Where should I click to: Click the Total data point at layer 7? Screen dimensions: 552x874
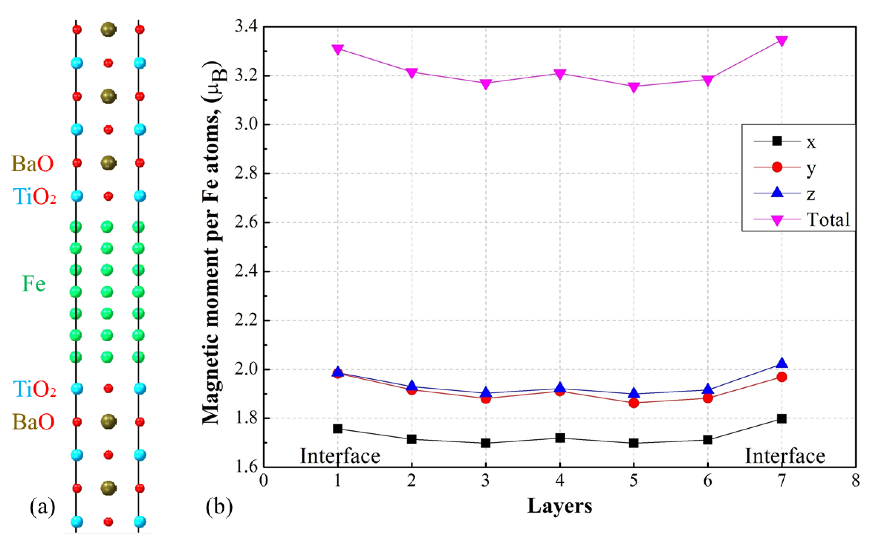click(x=782, y=41)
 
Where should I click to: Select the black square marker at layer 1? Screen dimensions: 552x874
click(x=338, y=429)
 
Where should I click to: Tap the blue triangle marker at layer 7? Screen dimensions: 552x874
click(x=782, y=363)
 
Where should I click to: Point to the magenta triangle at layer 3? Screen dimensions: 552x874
click(x=486, y=84)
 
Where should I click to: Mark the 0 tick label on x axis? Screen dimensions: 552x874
click(x=263, y=481)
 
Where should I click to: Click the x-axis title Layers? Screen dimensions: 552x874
click(x=559, y=506)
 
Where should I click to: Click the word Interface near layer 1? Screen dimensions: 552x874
click(x=340, y=456)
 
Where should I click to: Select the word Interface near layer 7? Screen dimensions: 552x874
click(x=785, y=456)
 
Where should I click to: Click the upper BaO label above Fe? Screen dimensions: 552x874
click(x=33, y=164)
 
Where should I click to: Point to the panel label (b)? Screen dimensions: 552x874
click(x=219, y=507)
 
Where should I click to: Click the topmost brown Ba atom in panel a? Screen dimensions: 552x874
click(x=108, y=29)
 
